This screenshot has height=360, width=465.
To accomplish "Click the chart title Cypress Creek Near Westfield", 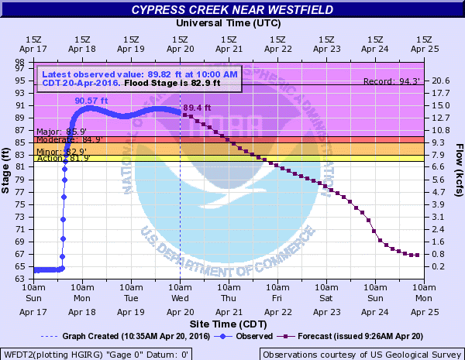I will point(232,9).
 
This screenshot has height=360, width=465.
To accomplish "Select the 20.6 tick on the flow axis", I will point(442,81).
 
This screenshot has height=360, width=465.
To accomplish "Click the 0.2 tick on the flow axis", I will point(439,266).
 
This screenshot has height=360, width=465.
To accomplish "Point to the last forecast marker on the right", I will point(418,255).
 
